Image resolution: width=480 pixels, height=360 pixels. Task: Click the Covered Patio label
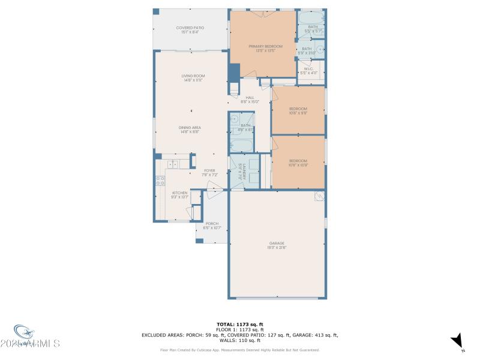[x=190, y=28]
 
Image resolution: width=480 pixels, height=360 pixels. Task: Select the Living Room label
[x=193, y=76]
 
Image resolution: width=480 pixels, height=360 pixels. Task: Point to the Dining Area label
[x=190, y=127]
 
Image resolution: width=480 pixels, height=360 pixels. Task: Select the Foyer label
[x=209, y=170]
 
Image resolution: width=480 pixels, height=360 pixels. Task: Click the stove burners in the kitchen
[x=160, y=179]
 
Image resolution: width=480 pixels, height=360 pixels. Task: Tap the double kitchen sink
[x=173, y=163]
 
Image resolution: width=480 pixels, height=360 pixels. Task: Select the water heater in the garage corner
[x=319, y=197]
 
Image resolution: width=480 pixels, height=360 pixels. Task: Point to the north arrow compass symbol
[x=458, y=340]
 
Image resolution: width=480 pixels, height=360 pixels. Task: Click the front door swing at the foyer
[x=214, y=194]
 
